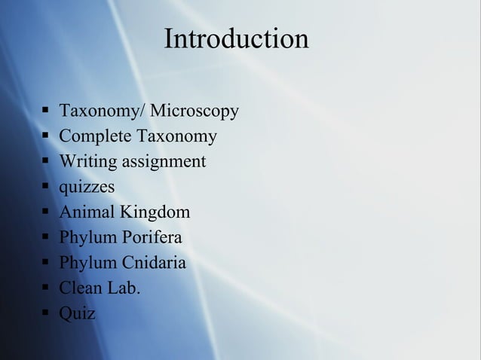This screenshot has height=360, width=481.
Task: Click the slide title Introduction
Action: coord(236,38)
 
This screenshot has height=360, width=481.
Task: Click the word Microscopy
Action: coord(195,112)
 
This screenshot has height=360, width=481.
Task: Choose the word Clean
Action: coord(81,288)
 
